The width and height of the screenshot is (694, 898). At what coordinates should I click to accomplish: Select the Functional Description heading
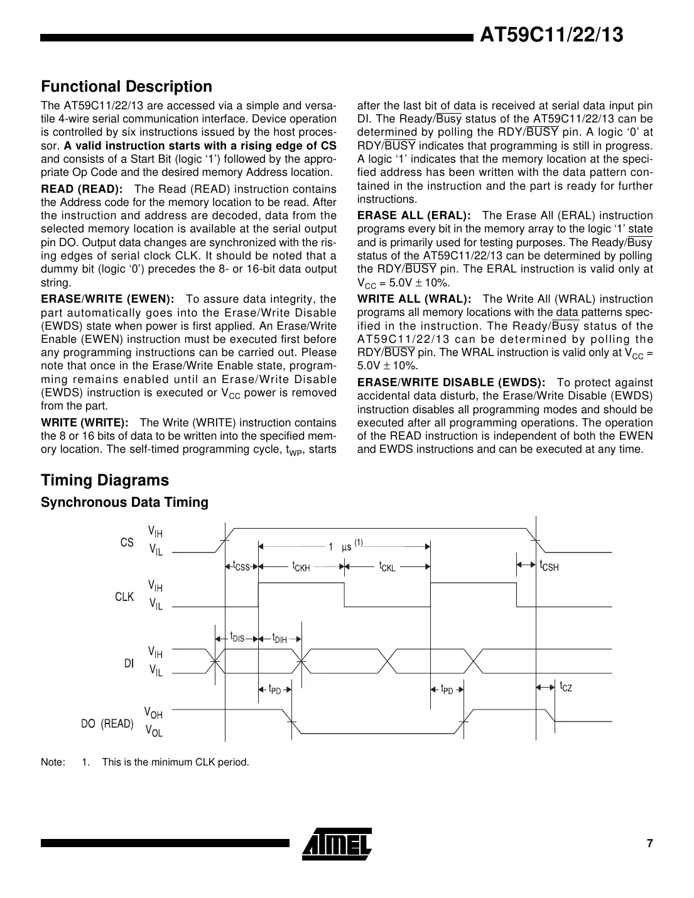point(126,86)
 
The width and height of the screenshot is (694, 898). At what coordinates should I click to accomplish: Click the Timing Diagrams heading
point(105,480)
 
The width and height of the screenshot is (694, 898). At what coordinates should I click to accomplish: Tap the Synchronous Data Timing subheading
point(124,502)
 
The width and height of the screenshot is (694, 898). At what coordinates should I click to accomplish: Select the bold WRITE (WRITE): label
point(85,423)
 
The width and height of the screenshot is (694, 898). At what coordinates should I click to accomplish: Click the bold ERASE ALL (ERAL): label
point(414,215)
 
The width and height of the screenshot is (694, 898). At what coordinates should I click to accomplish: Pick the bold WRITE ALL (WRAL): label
point(414,299)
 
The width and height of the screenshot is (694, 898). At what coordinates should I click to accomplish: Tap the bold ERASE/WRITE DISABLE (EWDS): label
point(451,382)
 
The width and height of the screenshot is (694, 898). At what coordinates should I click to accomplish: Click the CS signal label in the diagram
point(127,542)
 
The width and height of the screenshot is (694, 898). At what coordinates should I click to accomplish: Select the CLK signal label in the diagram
point(124,597)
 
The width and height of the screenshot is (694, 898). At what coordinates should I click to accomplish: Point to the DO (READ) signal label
point(107,723)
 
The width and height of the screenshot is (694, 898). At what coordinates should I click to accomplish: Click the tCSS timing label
point(241,566)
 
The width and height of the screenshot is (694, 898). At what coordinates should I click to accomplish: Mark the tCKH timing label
point(301,566)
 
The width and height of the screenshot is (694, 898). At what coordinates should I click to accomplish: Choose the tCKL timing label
point(387,566)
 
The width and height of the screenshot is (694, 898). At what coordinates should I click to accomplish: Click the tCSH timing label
point(549,566)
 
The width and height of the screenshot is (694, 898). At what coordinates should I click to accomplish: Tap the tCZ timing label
point(566,687)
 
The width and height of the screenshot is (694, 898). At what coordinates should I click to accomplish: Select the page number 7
point(650,843)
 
